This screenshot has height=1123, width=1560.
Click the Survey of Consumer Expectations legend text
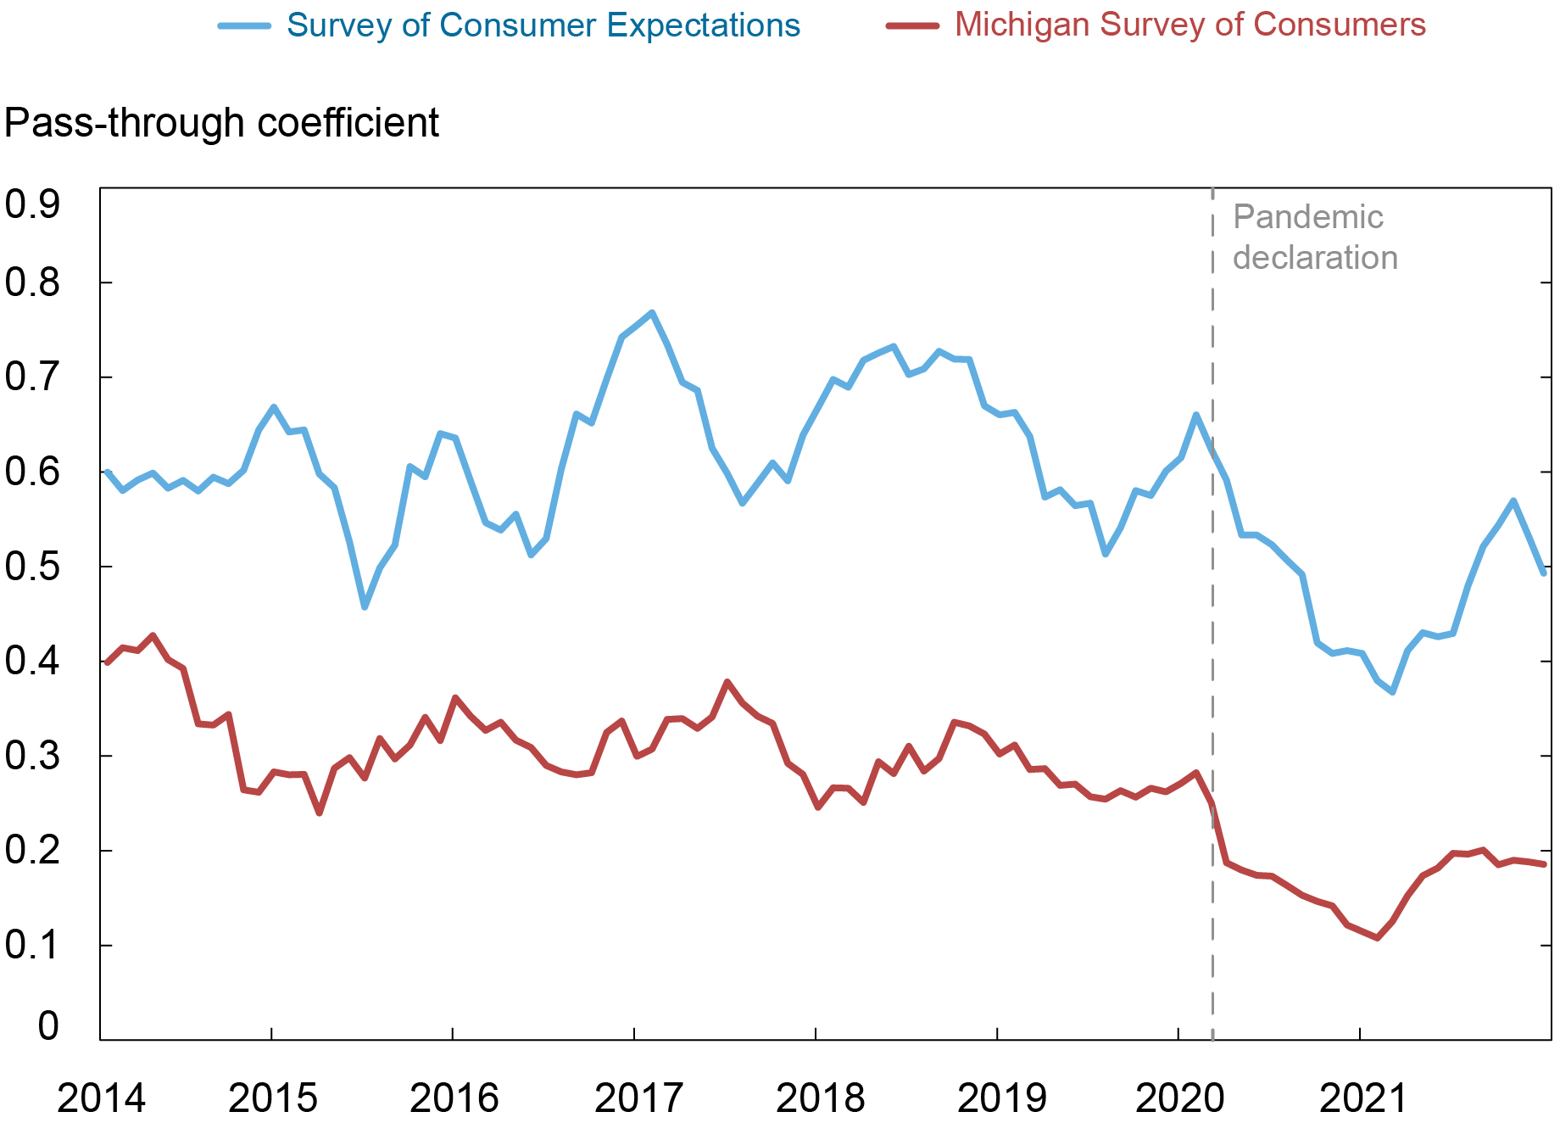point(543,25)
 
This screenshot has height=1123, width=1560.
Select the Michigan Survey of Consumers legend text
point(1189,25)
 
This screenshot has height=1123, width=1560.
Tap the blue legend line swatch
point(244,26)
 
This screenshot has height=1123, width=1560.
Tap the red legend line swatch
point(912,26)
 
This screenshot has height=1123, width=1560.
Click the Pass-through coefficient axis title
point(221,124)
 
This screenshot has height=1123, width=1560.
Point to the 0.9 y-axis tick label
point(32,204)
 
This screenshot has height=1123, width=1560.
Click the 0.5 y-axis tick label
point(32,567)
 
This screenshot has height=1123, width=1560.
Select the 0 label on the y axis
point(48,1026)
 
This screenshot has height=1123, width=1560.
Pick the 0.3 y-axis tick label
point(32,756)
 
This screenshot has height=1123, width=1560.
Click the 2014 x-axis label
point(101,1098)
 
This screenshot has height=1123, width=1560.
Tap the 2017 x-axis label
point(638,1098)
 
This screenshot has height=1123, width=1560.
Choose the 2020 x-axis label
point(1179,1098)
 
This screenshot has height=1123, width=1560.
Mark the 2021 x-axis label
point(1362,1098)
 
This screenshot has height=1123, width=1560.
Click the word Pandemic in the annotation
point(1307,217)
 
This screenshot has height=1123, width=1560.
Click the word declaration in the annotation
point(1315,258)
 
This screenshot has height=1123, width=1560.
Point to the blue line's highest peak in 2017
point(651,313)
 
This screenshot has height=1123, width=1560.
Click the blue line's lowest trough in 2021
point(1392,692)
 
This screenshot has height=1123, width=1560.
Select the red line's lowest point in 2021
point(1377,938)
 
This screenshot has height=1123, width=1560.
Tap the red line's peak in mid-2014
point(153,635)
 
